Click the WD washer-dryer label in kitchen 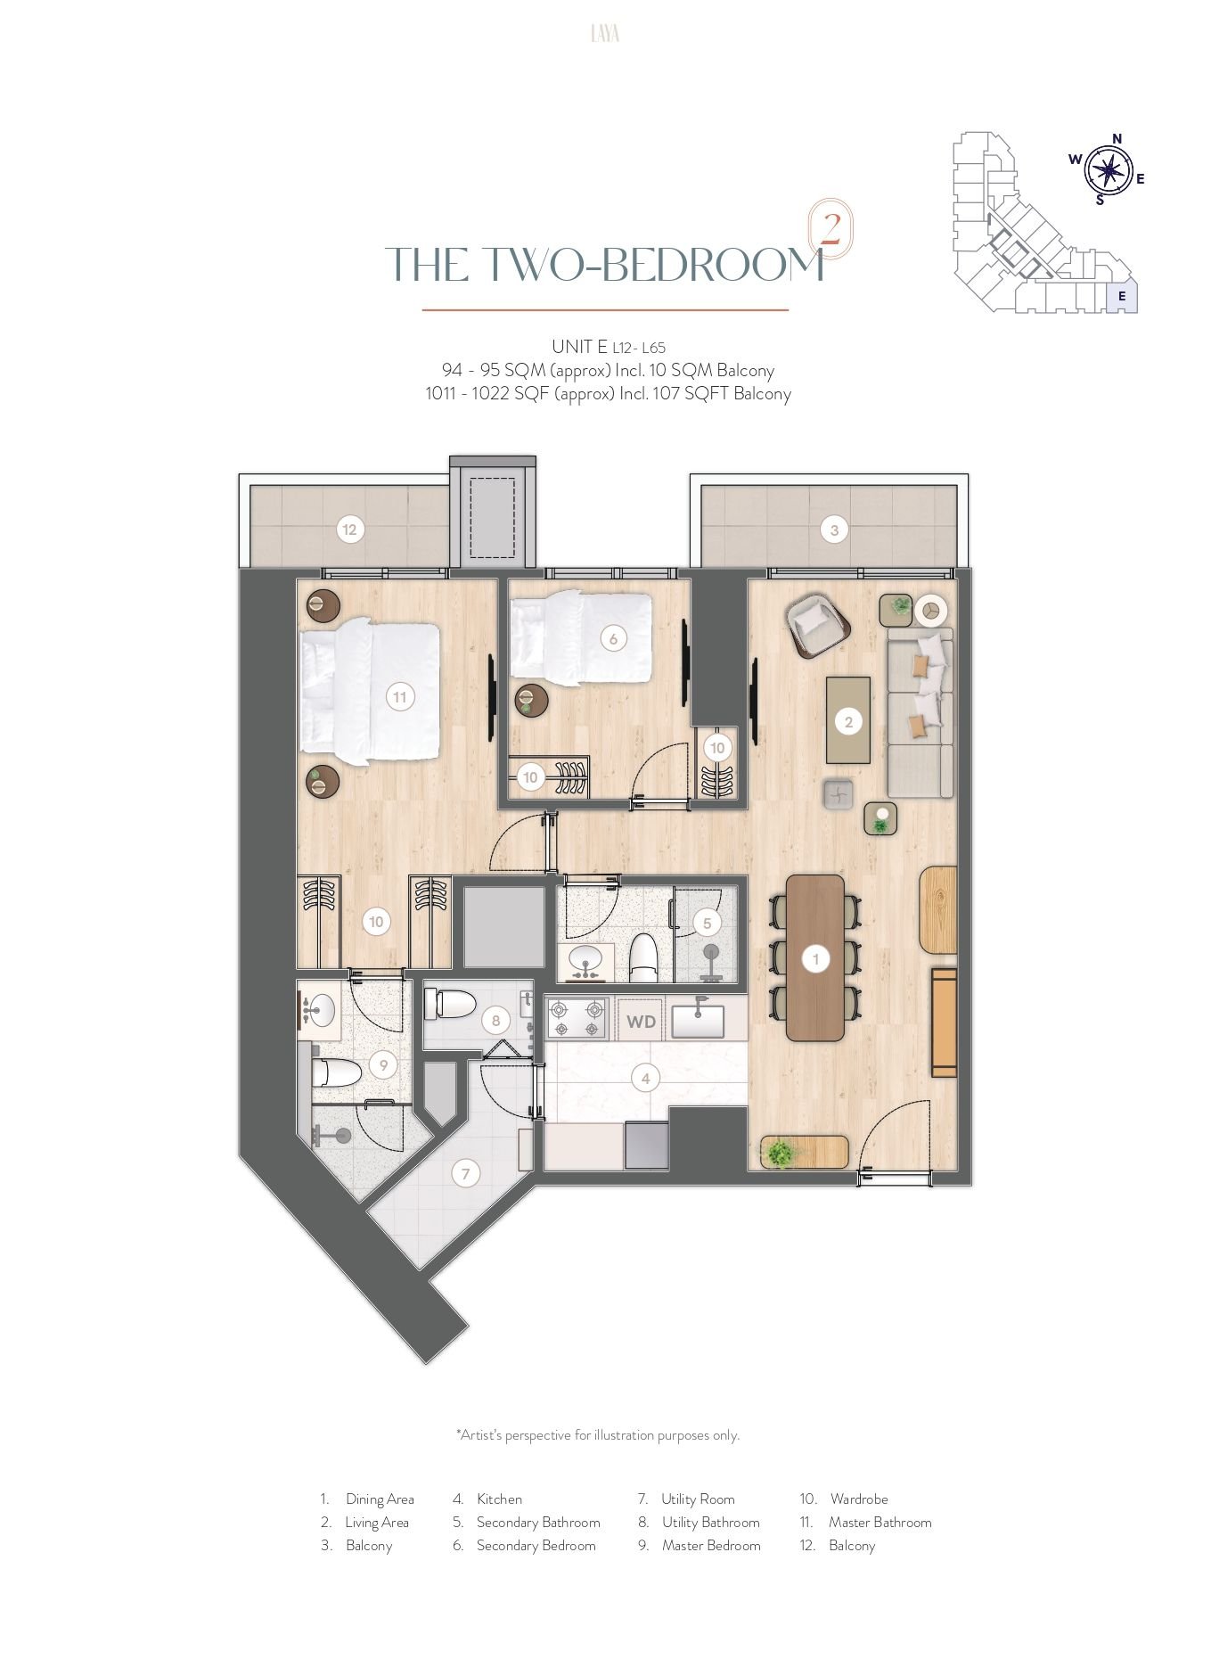click(x=641, y=1022)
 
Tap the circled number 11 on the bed click(x=400, y=697)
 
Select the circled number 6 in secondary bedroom click(x=613, y=638)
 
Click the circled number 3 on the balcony click(x=834, y=530)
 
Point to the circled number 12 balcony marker click(x=349, y=530)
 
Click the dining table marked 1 click(x=815, y=958)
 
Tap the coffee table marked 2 click(x=848, y=720)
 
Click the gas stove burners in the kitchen click(x=577, y=1020)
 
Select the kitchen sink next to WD click(x=698, y=1020)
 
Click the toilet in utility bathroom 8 click(x=451, y=1005)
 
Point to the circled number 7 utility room click(x=465, y=1174)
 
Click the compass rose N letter click(x=1117, y=138)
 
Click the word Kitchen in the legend click(x=499, y=1499)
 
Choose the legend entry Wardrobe click(x=859, y=1499)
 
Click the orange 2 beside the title click(x=830, y=230)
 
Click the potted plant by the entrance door click(x=781, y=1153)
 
